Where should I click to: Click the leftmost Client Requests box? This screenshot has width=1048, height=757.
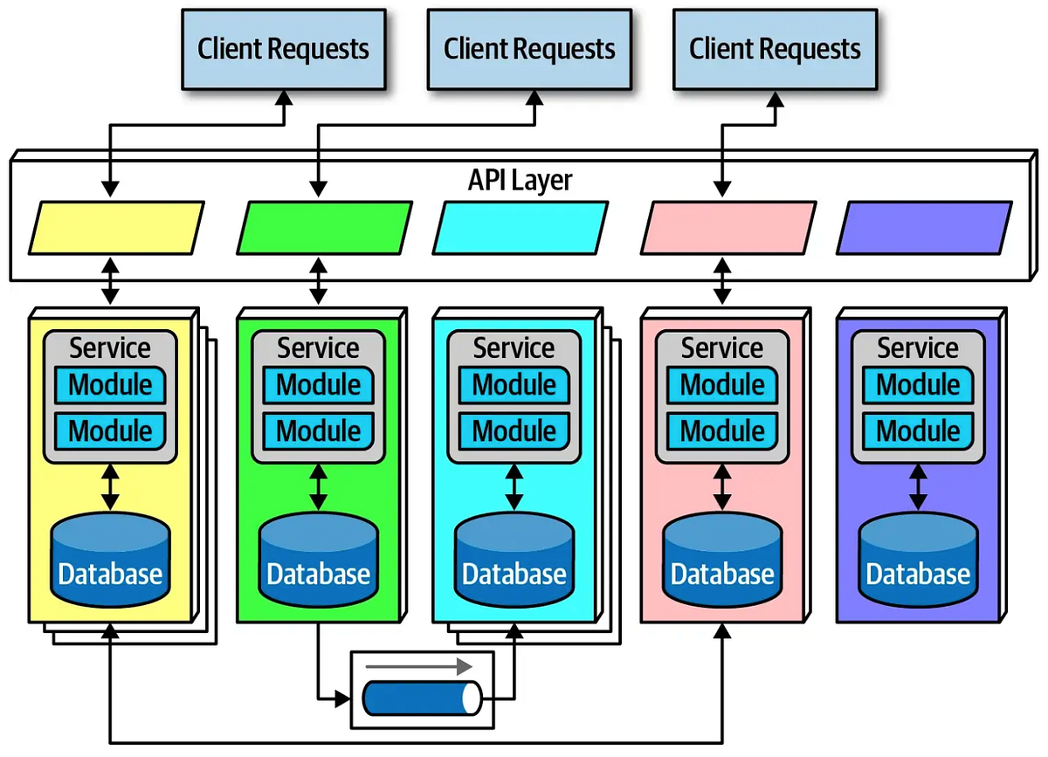click(x=283, y=49)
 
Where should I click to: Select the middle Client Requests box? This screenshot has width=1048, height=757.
click(x=529, y=49)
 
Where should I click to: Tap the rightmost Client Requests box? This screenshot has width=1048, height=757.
click(x=775, y=49)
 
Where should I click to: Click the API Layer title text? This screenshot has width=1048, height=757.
click(x=520, y=180)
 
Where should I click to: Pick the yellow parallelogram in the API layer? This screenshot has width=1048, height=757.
click(x=116, y=227)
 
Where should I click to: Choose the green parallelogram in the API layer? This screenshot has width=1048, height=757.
click(x=324, y=227)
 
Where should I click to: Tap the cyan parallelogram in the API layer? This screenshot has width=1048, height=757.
click(x=521, y=227)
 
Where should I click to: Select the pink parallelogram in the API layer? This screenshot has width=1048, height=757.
click(x=728, y=227)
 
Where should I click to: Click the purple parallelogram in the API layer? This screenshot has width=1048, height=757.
click(x=924, y=227)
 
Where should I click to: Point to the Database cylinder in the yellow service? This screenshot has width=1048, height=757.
click(x=110, y=560)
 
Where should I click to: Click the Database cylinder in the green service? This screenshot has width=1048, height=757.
click(x=319, y=560)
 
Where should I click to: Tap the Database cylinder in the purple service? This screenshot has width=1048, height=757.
click(x=918, y=560)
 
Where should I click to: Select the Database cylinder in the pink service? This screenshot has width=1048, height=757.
click(x=722, y=560)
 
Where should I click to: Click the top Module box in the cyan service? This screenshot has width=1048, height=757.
click(x=514, y=385)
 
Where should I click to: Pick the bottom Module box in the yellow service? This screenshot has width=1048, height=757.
click(x=110, y=430)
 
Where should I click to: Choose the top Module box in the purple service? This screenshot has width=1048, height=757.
click(x=918, y=385)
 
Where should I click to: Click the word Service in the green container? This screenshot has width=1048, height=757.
click(x=319, y=348)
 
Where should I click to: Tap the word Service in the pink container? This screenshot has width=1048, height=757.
click(x=722, y=348)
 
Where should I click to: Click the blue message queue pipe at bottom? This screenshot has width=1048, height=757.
click(x=422, y=698)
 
